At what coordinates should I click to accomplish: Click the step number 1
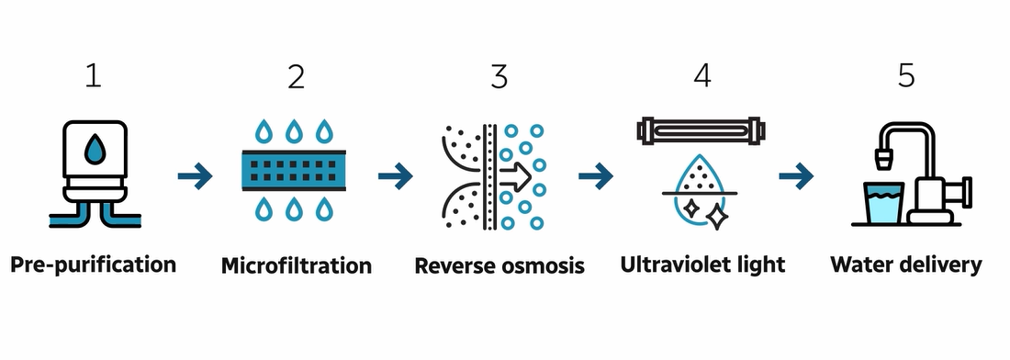click(x=93, y=76)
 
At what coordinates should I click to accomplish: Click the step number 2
click(x=296, y=76)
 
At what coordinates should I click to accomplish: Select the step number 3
click(x=499, y=76)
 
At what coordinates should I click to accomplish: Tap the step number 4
click(x=702, y=76)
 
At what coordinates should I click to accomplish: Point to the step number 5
click(x=906, y=76)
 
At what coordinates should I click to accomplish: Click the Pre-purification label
click(x=93, y=265)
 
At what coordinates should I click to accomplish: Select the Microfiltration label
click(x=297, y=266)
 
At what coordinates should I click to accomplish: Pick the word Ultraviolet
click(x=677, y=265)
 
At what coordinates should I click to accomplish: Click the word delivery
click(x=943, y=265)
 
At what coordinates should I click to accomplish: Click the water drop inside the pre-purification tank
click(x=93, y=151)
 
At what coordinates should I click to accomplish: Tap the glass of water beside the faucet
click(x=883, y=203)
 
